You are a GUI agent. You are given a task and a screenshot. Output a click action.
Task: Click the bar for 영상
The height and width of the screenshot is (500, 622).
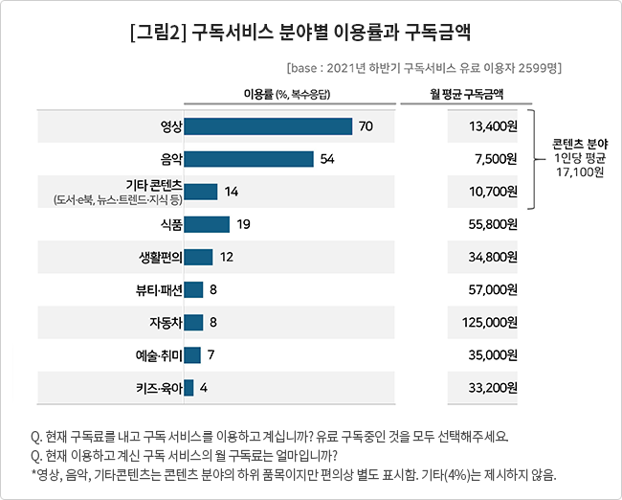268,126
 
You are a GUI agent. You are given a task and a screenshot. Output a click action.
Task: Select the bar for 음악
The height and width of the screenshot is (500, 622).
249,159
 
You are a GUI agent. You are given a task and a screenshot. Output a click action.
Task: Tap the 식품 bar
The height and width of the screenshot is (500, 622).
207,224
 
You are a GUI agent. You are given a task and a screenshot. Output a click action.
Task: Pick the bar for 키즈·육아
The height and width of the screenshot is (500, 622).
189,388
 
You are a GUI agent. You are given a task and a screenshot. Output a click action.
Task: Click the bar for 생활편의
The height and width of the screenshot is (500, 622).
198,257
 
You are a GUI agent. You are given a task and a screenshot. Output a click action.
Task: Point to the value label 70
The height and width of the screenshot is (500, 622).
366,126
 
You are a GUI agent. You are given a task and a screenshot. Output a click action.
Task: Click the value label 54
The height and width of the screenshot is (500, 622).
327,159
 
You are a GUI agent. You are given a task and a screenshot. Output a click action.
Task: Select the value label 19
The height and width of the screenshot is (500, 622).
244,224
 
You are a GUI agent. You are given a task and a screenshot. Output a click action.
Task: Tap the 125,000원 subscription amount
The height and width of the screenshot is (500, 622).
490,322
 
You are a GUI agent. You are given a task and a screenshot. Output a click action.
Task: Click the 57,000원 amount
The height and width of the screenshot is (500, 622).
493,289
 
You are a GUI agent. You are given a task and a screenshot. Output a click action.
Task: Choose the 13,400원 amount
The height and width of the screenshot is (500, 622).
493,126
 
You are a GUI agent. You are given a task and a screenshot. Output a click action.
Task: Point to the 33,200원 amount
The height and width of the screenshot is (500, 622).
493,388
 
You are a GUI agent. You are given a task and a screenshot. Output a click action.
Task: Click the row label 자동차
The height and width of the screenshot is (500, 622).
166,323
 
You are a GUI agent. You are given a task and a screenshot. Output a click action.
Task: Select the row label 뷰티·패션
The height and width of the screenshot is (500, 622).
159,290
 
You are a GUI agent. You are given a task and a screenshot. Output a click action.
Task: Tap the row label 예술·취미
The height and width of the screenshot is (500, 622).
159,355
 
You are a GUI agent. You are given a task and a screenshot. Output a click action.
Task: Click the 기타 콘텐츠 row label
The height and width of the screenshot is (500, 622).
154,185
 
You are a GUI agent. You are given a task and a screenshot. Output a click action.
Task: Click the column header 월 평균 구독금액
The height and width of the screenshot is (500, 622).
467,94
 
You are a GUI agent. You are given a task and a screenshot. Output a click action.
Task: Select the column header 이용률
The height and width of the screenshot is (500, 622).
258,94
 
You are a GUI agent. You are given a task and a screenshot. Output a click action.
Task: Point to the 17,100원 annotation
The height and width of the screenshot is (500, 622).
580,172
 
